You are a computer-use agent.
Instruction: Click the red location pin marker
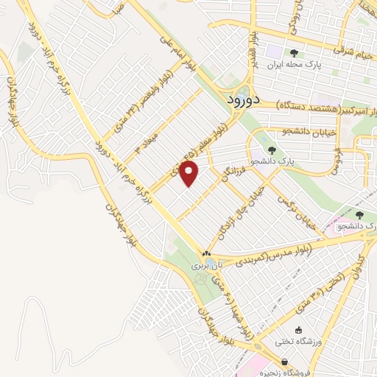[191, 175]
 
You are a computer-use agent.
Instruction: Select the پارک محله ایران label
[295, 64]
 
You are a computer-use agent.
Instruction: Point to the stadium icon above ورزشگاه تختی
[298, 330]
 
